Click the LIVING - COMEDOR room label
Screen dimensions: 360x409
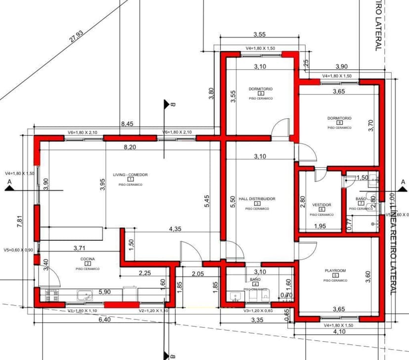[130, 175]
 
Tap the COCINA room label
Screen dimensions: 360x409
[87, 259]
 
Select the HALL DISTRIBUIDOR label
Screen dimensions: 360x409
[257, 199]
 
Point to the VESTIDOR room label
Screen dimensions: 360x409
[322, 205]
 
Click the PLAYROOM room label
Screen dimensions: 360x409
[335, 270]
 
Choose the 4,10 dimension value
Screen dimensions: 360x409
[339, 332]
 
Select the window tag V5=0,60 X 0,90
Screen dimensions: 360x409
[18, 250]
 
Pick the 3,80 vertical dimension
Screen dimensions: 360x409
[211, 94]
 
